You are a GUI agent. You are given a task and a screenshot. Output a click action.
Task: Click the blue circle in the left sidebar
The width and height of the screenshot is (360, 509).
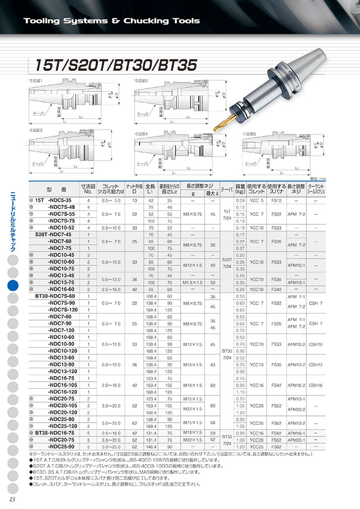point(13,286)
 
